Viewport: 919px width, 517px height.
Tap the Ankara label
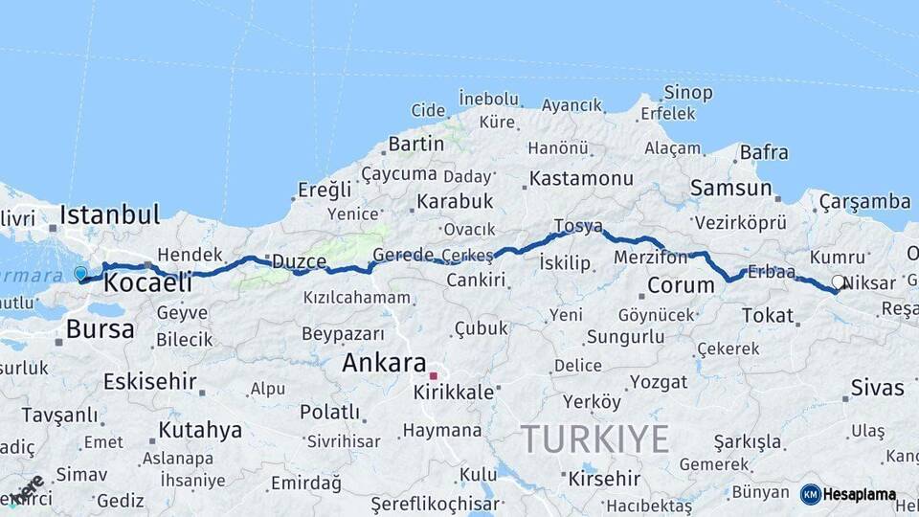(383, 364)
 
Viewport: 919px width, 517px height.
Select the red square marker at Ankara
(433, 375)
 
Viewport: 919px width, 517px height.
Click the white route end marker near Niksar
(839, 282)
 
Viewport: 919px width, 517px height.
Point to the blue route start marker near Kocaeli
(80, 274)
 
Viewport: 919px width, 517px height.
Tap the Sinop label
(688, 93)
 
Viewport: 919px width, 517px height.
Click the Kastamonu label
(581, 178)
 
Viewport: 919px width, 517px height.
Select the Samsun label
(730, 188)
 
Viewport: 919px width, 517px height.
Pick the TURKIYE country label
(594, 438)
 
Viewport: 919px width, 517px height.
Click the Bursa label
(100, 329)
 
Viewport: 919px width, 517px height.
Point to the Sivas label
(877, 388)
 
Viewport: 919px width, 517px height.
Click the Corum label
(681, 284)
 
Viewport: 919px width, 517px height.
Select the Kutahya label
(200, 430)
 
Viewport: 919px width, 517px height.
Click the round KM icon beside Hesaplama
(811, 494)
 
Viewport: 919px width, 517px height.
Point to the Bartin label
(415, 144)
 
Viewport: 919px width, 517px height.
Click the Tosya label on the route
(578, 227)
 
